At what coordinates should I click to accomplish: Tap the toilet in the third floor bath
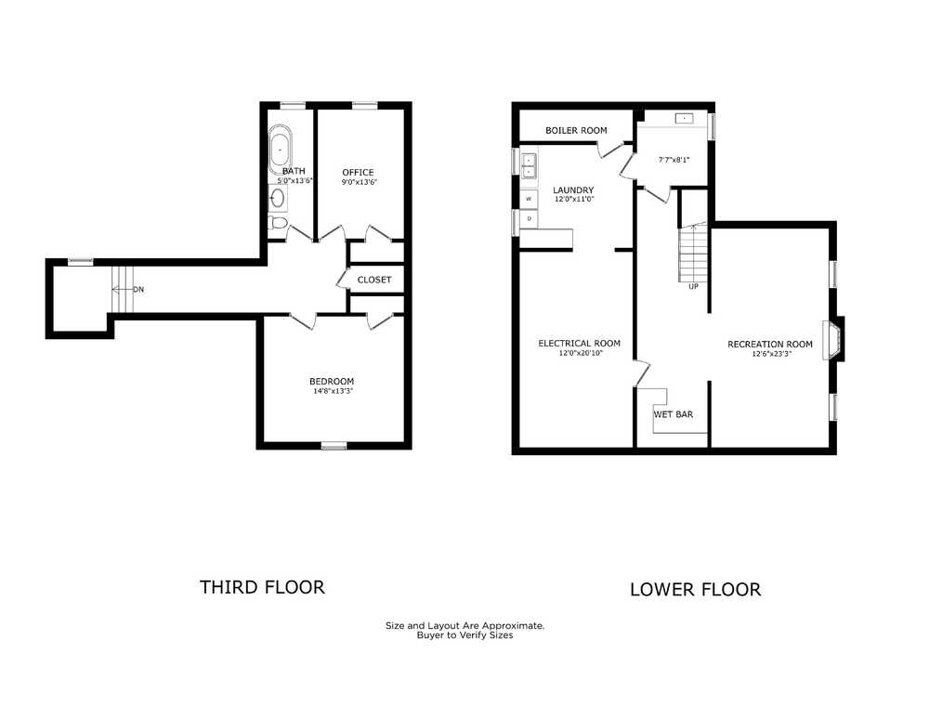click(x=277, y=223)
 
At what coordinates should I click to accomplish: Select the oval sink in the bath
click(x=277, y=197)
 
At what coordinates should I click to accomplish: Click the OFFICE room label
click(x=358, y=173)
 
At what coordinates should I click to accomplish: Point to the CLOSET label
click(x=374, y=280)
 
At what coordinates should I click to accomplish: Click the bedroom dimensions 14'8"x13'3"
click(x=332, y=391)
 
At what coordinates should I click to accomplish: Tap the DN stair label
click(x=138, y=290)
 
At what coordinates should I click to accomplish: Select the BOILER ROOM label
click(x=576, y=130)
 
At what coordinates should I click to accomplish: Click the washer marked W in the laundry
click(x=529, y=199)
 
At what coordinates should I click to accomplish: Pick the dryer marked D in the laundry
click(x=529, y=219)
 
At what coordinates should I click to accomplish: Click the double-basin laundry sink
click(x=529, y=165)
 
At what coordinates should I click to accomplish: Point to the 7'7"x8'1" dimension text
click(x=674, y=160)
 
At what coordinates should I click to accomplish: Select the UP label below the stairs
click(x=693, y=286)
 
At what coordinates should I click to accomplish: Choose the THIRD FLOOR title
click(x=262, y=587)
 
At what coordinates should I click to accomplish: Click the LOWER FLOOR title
click(x=695, y=590)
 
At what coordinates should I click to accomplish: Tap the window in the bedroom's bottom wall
click(x=334, y=446)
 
